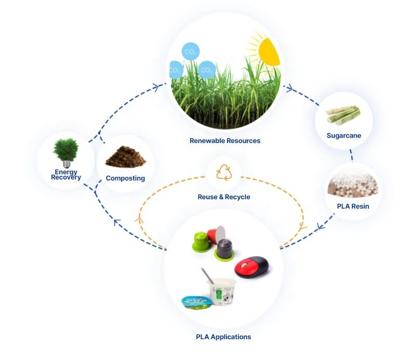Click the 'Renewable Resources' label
[x=225, y=141]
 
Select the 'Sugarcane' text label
[x=344, y=136]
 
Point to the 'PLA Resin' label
[x=353, y=207]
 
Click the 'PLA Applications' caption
[x=223, y=337]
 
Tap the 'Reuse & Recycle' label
[x=224, y=197]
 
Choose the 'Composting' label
[x=125, y=178]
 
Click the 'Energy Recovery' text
[x=66, y=175]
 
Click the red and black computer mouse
[x=252, y=266]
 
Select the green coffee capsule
[x=199, y=241]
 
